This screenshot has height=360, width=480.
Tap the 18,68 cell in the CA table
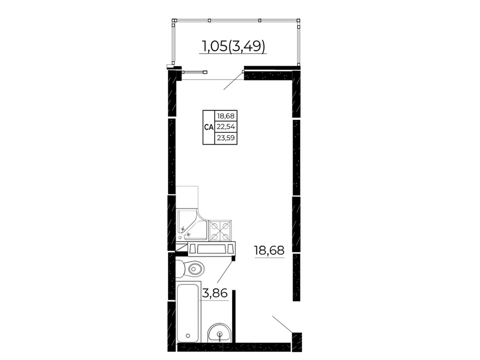pos(226,115)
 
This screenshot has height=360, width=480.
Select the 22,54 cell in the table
pos(226,126)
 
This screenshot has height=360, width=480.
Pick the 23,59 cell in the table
pos(226,138)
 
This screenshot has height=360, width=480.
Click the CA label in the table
pos(208,127)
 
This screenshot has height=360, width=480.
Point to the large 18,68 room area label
pos(269,250)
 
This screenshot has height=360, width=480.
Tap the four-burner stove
pos(220,231)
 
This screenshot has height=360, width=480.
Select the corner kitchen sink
pos(192,225)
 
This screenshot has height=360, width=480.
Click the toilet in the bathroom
pos(190,269)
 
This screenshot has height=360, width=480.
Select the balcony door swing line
pos(233,81)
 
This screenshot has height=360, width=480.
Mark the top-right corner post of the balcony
pos(298,20)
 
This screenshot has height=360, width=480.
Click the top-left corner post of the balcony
pos(174,20)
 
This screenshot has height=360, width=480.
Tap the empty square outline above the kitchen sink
pos(187,198)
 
